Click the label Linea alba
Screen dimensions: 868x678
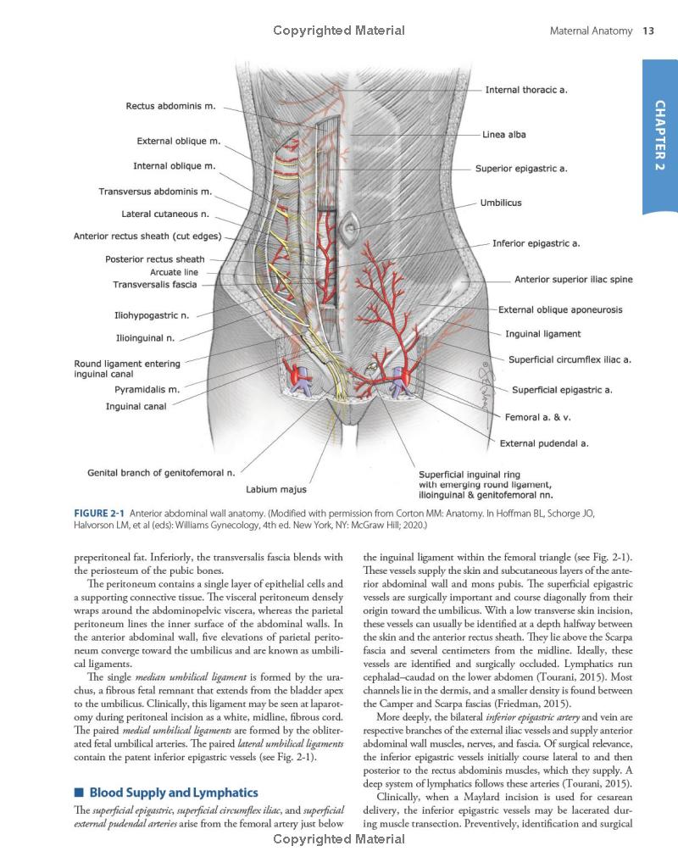coord(503,135)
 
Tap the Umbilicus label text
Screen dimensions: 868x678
coord(501,203)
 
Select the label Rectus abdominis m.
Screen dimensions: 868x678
coord(170,107)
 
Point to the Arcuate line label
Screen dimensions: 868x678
coord(174,272)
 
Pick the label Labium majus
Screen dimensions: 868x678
coord(275,489)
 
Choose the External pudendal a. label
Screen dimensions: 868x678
coord(543,442)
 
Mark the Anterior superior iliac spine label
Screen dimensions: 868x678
coord(573,280)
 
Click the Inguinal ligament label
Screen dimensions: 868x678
coord(543,334)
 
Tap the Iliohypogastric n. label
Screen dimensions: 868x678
coord(151,315)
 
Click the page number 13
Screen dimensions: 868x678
coord(648,31)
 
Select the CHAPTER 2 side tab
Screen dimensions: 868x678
coord(659,136)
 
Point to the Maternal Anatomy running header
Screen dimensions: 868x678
coord(591,31)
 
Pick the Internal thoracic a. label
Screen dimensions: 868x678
coord(525,90)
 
